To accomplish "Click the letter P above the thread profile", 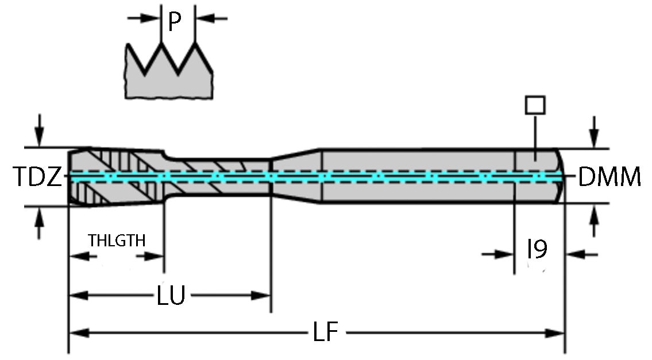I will coord(175,21).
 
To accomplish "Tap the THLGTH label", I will coord(117,240).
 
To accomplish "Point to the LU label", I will coord(171,297).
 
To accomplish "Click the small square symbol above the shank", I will coord(535,106).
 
